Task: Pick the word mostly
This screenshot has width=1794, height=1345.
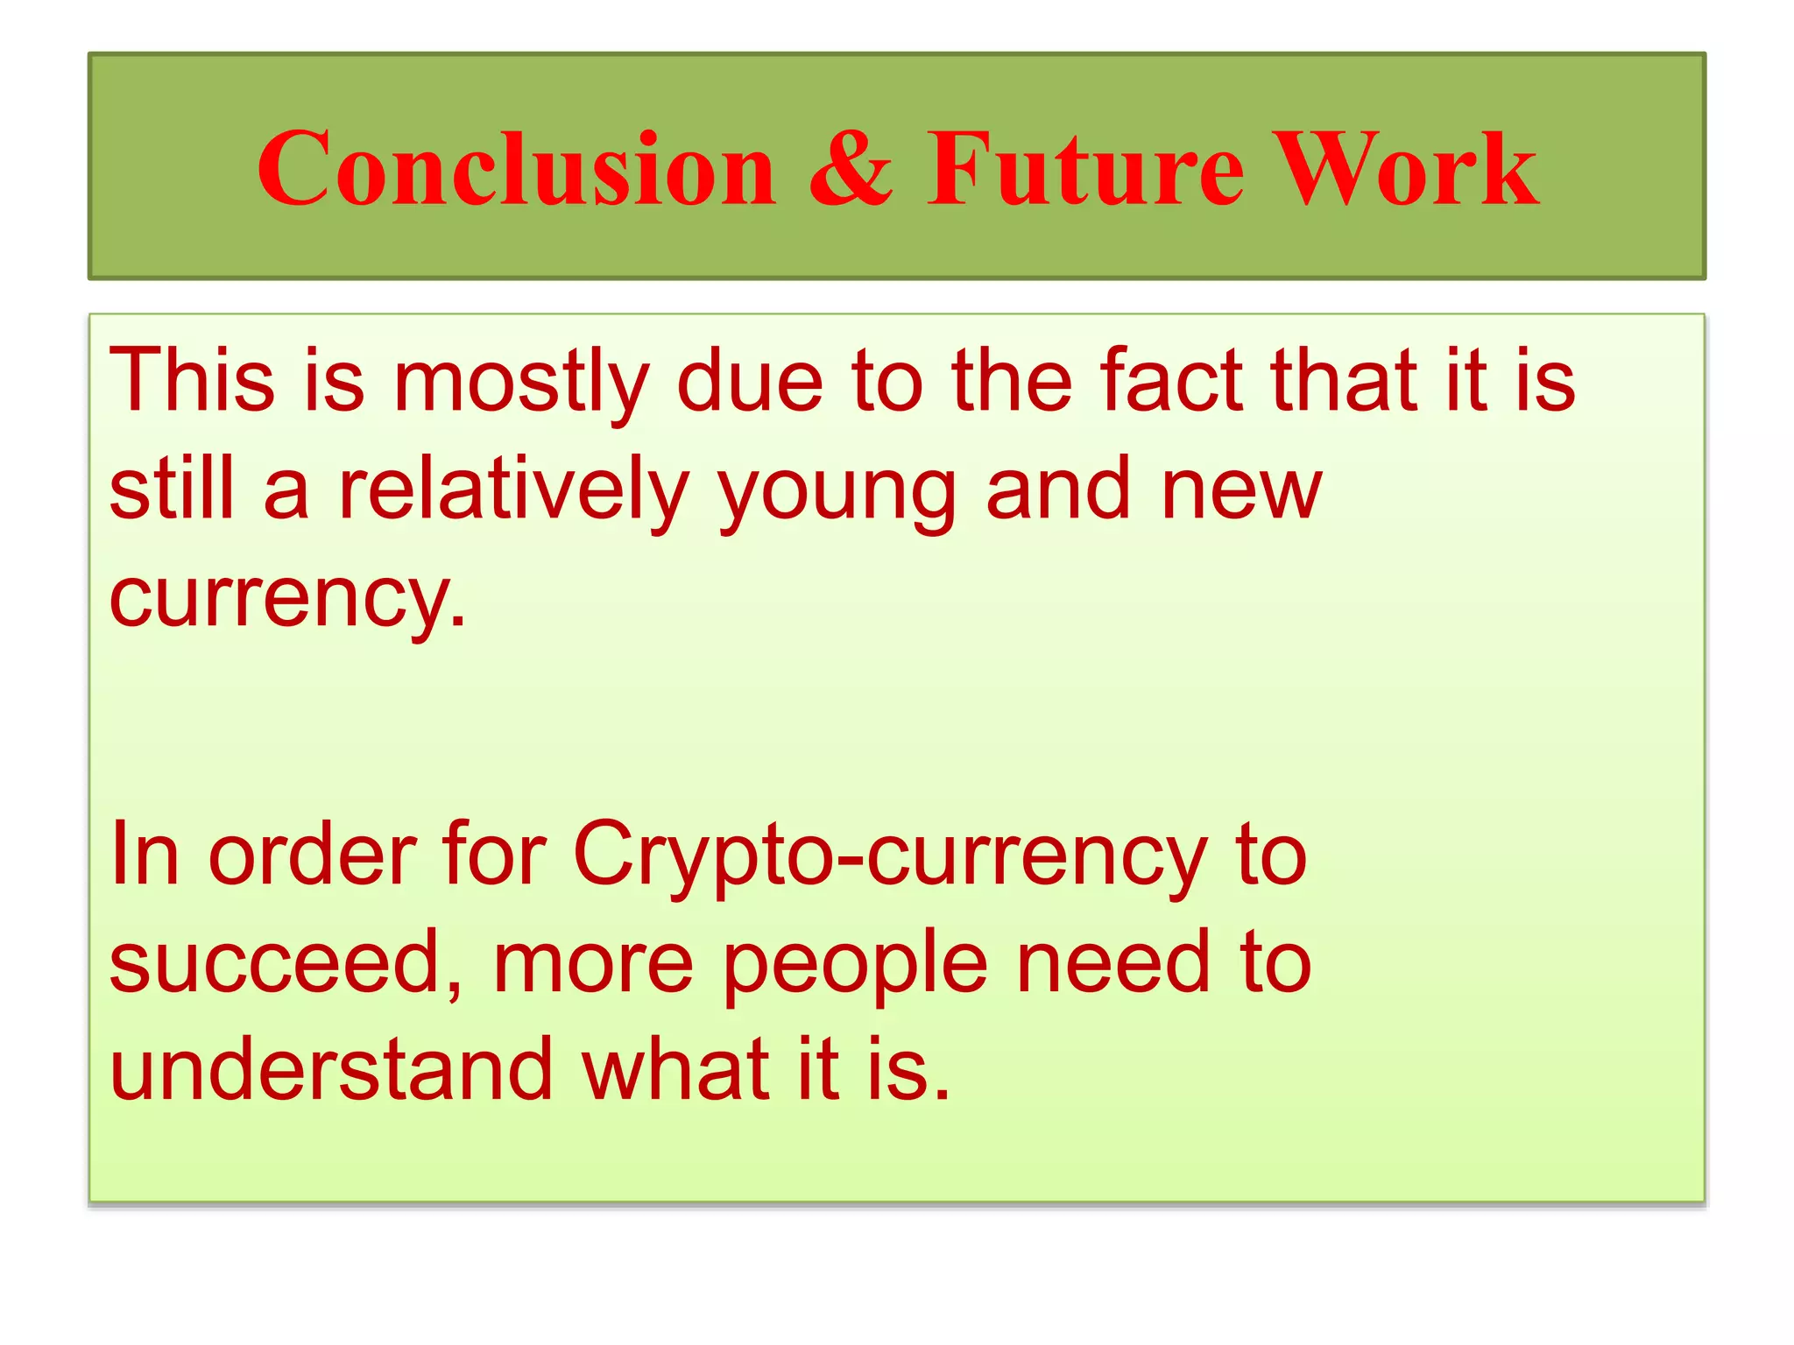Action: tap(521, 382)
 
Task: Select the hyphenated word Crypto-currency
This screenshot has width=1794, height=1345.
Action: tap(890, 856)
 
